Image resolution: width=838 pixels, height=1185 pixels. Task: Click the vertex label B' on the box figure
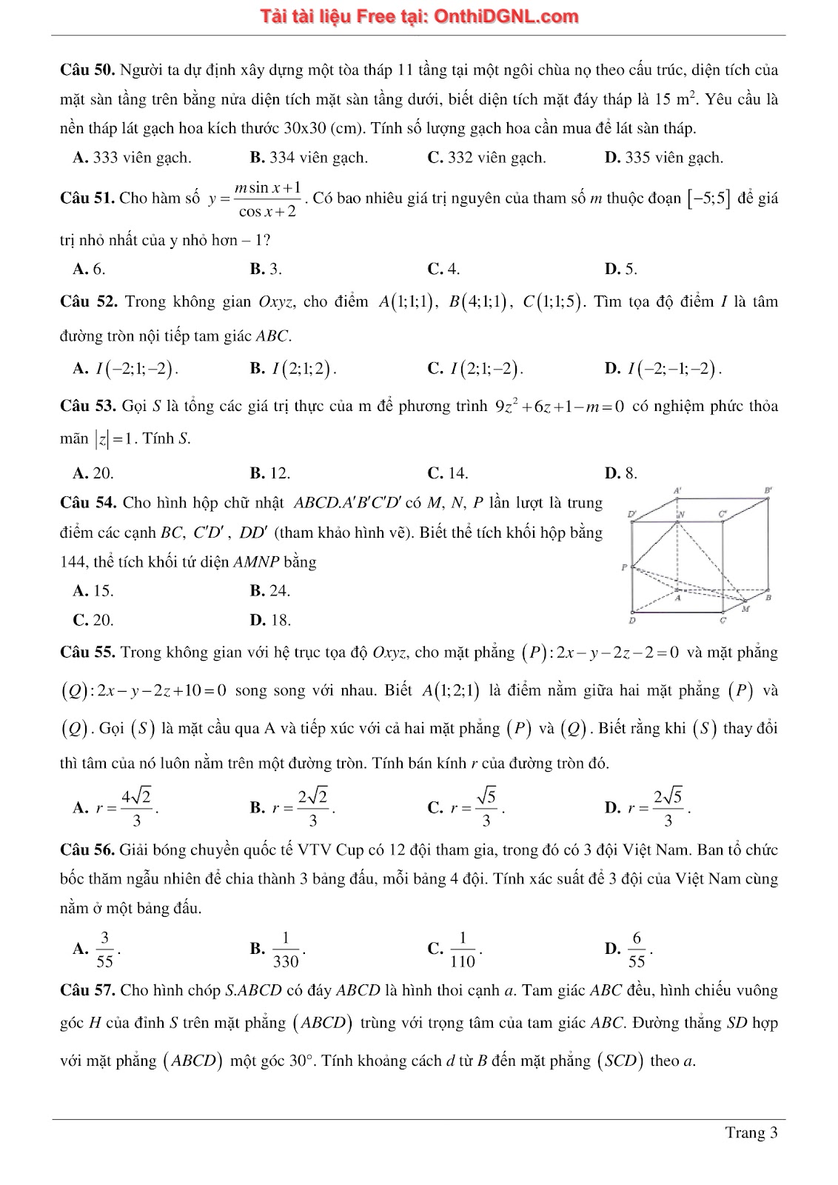click(768, 490)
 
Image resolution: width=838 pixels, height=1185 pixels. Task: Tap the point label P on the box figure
click(625, 567)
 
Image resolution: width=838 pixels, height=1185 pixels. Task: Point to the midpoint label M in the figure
click(745, 609)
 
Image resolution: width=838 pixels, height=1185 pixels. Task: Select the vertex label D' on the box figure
click(632, 513)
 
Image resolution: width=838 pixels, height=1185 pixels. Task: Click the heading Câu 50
click(87, 70)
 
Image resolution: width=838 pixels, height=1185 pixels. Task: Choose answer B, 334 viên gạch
click(309, 158)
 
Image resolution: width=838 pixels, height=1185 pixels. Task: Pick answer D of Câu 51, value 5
click(621, 269)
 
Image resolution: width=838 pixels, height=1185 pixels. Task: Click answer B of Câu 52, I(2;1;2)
click(294, 369)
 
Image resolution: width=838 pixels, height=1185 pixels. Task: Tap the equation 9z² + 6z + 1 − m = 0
click(560, 407)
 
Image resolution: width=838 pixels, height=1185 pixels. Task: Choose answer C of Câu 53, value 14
click(448, 473)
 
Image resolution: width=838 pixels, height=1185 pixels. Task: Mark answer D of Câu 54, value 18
click(271, 620)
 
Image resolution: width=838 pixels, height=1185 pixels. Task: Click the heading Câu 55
click(87, 652)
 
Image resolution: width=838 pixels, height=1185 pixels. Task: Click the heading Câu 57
click(87, 990)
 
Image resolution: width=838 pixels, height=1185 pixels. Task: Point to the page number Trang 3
click(751, 1132)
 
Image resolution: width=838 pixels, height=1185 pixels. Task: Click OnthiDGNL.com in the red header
click(506, 16)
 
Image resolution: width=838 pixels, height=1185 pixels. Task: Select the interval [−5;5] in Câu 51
click(708, 198)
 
